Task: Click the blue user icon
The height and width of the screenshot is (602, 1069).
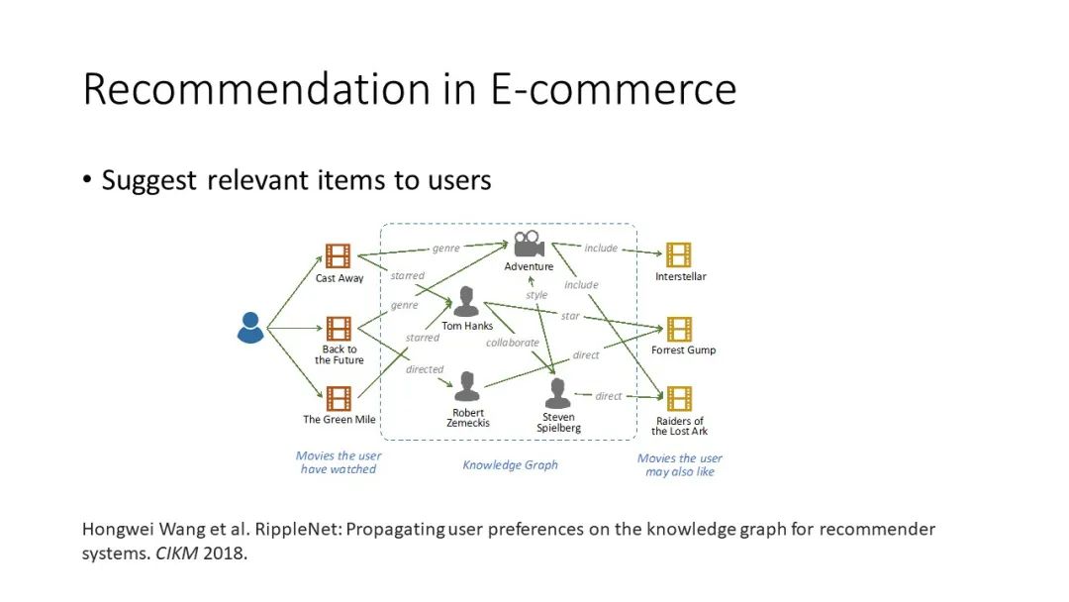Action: (250, 327)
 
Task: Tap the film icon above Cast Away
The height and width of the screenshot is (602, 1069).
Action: (339, 256)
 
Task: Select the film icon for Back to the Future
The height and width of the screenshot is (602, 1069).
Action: (339, 329)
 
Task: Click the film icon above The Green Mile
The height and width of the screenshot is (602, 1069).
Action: (339, 398)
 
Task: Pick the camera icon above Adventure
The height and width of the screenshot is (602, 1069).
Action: (529, 244)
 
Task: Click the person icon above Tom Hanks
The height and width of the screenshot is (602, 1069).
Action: (466, 301)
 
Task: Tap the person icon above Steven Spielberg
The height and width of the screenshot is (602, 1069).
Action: (558, 393)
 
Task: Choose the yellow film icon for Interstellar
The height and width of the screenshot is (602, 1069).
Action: (679, 255)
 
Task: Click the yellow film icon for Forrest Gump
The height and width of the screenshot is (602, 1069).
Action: (679, 329)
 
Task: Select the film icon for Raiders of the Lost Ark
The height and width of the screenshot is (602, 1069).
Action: (679, 398)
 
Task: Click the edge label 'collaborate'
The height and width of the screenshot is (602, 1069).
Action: (513, 343)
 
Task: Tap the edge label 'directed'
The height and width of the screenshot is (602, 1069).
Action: (425, 369)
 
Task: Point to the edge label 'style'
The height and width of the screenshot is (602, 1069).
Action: (536, 295)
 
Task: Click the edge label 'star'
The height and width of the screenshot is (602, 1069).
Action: (570, 316)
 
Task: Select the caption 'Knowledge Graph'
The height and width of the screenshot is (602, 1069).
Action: (510, 464)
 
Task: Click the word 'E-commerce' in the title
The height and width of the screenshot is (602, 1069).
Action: (614, 89)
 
